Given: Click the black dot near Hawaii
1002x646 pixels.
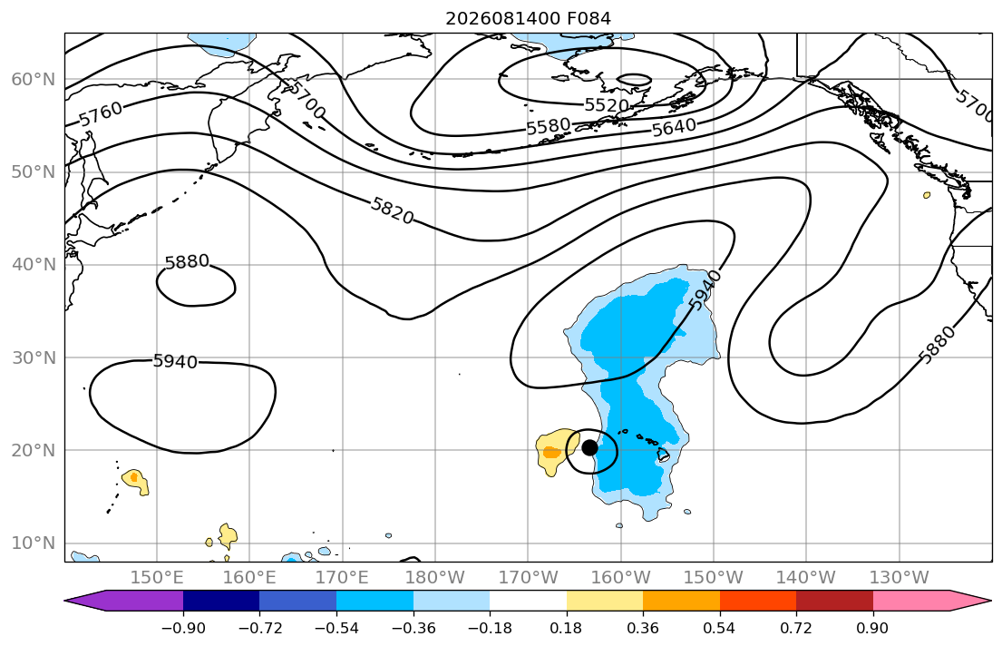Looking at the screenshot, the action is pyautogui.click(x=589, y=447).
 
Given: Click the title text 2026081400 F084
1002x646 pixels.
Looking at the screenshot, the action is pyautogui.click(x=528, y=18).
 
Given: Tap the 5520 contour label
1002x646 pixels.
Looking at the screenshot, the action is pyautogui.click(x=607, y=105).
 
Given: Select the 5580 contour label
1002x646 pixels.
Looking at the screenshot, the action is pyautogui.click(x=548, y=126).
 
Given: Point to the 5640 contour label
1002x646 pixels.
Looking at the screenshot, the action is pyautogui.click(x=674, y=128).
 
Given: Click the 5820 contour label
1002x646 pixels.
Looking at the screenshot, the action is pyautogui.click(x=392, y=210).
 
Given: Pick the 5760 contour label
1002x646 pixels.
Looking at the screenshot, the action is pyautogui.click(x=101, y=113).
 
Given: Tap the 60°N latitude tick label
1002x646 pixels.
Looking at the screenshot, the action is pyautogui.click(x=34, y=79).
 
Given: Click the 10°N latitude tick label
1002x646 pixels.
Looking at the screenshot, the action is pyautogui.click(x=34, y=543).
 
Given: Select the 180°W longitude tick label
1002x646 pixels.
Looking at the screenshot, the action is pyautogui.click(x=435, y=578).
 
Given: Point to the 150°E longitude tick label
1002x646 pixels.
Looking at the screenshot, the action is pyautogui.click(x=157, y=578).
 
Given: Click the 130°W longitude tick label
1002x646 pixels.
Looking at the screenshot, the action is pyautogui.click(x=900, y=578).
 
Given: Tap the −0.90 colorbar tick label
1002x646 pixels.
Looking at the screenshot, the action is pyautogui.click(x=183, y=628).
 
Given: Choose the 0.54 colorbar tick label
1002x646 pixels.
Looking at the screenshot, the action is pyautogui.click(x=720, y=628).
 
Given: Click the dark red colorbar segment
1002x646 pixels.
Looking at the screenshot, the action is pyautogui.click(x=834, y=601).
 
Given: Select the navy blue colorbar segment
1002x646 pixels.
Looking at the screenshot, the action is pyautogui.click(x=221, y=601).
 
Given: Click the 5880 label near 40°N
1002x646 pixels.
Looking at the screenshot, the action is pyautogui.click(x=187, y=261).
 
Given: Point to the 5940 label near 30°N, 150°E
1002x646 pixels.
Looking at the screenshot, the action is pyautogui.click(x=175, y=361).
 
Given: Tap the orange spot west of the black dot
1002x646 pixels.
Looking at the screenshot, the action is pyautogui.click(x=551, y=453).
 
